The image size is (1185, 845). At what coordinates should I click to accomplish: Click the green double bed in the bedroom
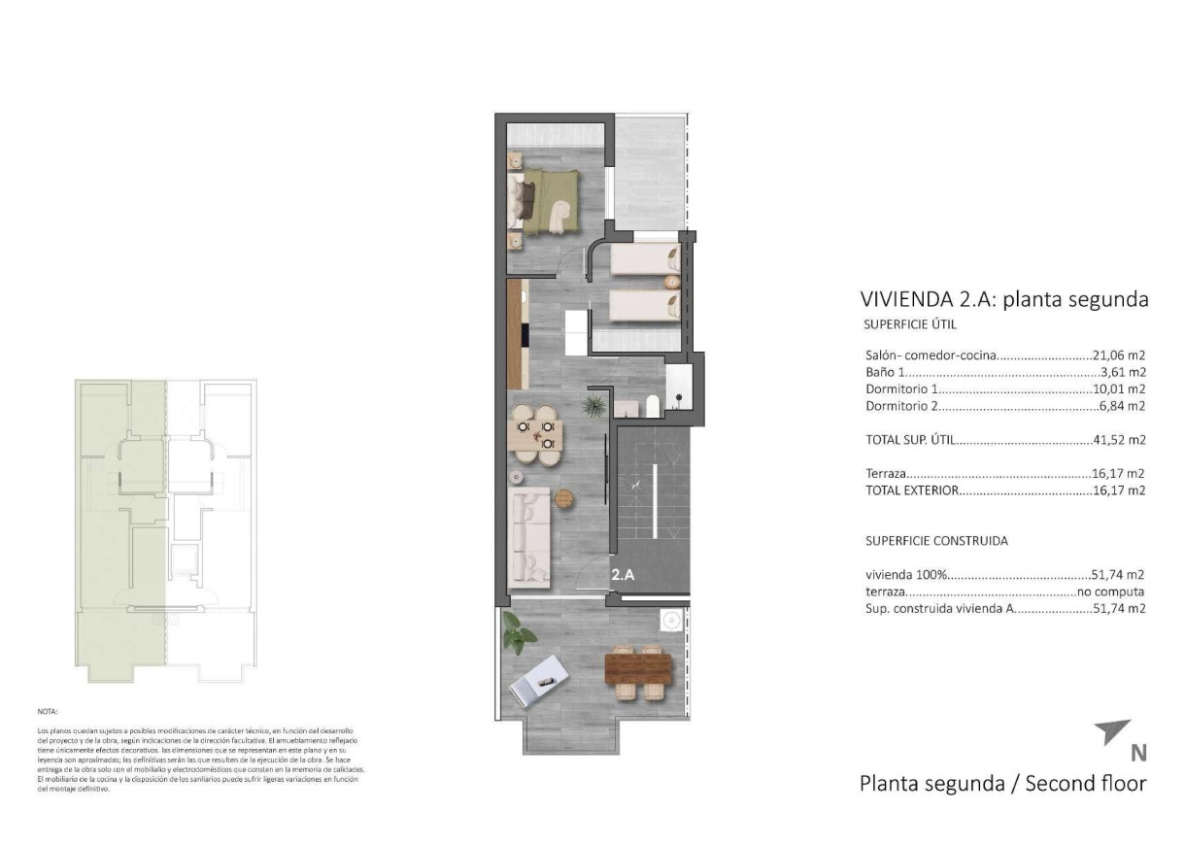click(549, 201)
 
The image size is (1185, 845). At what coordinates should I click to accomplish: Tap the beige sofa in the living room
click(531, 537)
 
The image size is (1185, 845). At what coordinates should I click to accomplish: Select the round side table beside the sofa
click(565, 498)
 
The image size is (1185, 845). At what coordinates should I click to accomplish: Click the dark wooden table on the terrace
click(638, 668)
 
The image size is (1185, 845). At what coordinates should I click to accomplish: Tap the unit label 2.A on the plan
click(624, 575)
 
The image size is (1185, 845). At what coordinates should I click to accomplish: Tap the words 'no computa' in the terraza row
click(1110, 591)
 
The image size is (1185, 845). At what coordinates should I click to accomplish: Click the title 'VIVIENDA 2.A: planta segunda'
click(1004, 299)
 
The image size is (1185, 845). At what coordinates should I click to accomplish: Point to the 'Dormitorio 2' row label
click(901, 406)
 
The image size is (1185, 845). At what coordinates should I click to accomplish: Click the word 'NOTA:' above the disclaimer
click(48, 712)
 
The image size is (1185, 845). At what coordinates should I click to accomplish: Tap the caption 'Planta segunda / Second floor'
click(1002, 784)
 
